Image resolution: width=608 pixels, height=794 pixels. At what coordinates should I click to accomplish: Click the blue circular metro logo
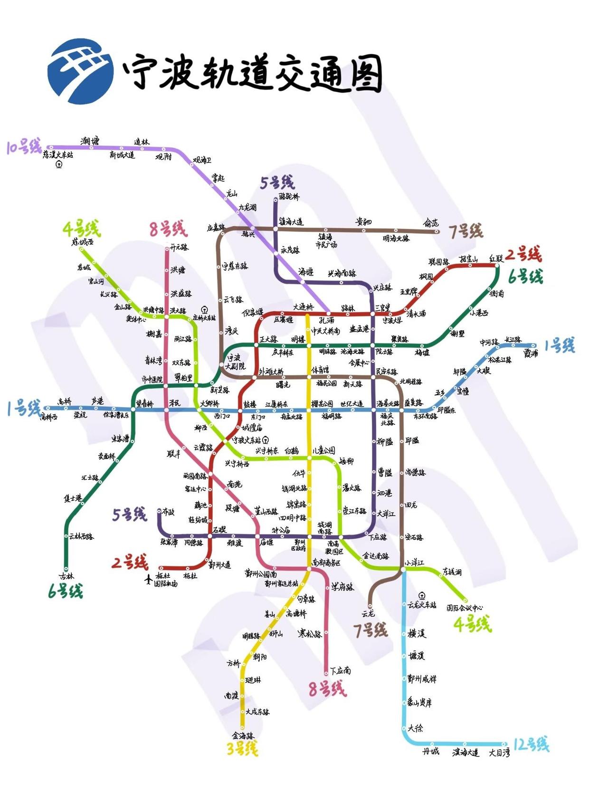tap(80, 71)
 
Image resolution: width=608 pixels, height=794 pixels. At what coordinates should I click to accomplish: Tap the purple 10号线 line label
tap(24, 146)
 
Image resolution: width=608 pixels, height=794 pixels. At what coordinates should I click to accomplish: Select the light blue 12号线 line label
tap(531, 744)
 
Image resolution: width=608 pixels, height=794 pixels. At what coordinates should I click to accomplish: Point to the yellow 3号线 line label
tap(242, 749)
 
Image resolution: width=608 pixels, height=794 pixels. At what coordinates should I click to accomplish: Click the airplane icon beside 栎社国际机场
tap(148, 579)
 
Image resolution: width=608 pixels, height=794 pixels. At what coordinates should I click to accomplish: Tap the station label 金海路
tap(243, 736)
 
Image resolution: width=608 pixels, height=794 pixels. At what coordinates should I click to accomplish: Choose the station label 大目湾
tap(499, 753)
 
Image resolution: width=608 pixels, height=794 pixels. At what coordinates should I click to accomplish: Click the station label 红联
tap(496, 259)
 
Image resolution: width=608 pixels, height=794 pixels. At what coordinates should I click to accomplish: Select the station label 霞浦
tap(531, 354)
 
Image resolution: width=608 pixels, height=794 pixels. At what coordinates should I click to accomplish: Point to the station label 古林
tap(66, 576)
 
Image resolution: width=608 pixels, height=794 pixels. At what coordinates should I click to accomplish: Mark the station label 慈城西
tap(83, 242)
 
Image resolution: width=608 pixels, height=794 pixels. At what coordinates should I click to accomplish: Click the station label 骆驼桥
tap(289, 196)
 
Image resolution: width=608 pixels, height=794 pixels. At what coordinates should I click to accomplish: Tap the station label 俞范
tap(431, 223)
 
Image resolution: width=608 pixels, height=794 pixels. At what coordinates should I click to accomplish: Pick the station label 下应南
tap(341, 670)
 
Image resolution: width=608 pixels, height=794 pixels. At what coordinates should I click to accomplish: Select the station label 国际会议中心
tap(464, 608)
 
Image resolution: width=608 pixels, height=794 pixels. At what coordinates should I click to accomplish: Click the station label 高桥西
tap(49, 417)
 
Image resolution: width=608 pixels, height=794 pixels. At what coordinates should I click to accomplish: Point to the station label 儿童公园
tap(323, 450)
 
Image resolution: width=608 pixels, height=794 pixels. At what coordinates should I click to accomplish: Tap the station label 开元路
tap(180, 247)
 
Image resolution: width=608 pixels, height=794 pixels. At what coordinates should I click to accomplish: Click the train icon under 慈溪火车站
tap(59, 164)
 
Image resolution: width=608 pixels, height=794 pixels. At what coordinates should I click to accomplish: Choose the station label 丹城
tap(431, 751)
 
